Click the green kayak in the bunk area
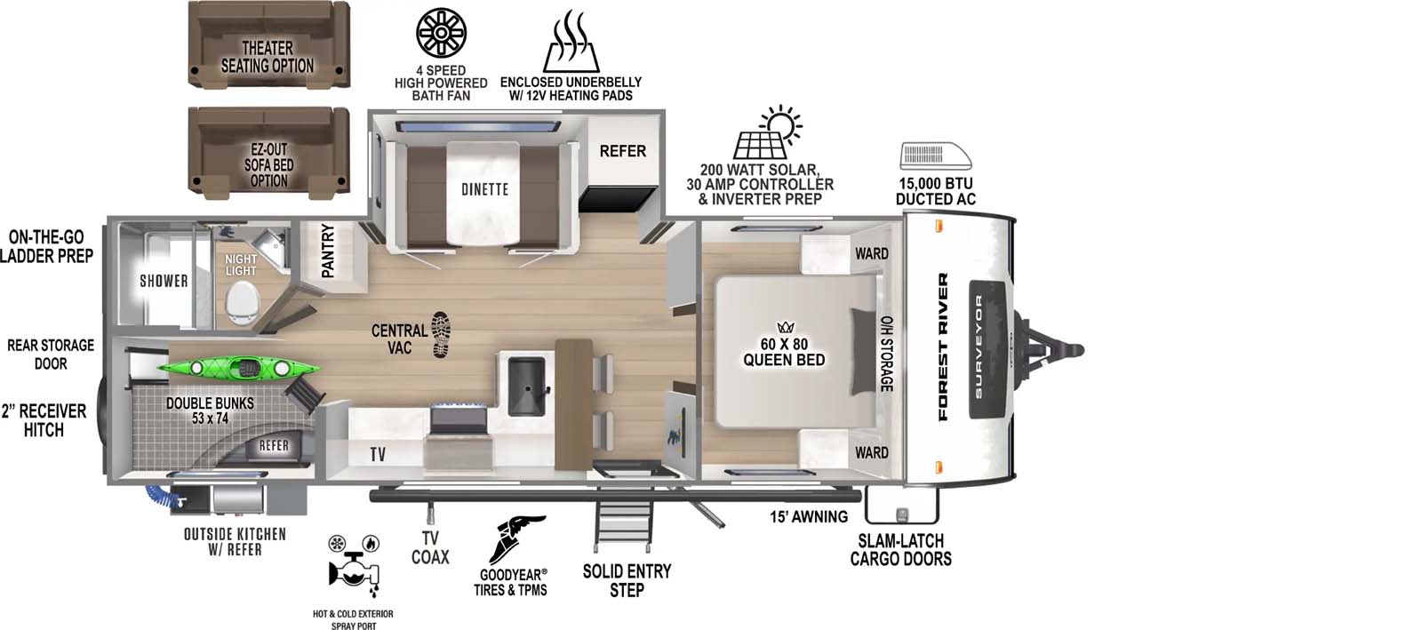[x=237, y=366]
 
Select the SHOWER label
[x=164, y=281]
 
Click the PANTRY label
[x=327, y=251]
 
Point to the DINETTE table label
[x=484, y=189]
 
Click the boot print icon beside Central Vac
[x=441, y=334]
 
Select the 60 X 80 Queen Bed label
[x=784, y=352]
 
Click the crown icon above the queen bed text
[x=785, y=327]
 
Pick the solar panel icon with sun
[x=767, y=134]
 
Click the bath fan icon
[x=441, y=34]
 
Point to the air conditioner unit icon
[x=936, y=156]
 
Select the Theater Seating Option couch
[x=268, y=45]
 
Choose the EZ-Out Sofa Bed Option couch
[x=268, y=153]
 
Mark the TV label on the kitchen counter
[x=378, y=454]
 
